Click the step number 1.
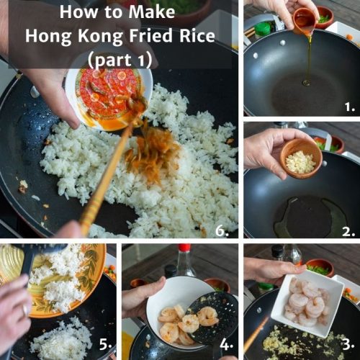pyautogui.click(x=350, y=107)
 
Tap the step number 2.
pyautogui.click(x=348, y=231)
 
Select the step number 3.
pyautogui.click(x=348, y=343)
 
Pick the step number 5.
pyautogui.click(x=106, y=345)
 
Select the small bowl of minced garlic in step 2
pyautogui.click(x=301, y=157)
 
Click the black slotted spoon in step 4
pyautogui.click(x=217, y=317)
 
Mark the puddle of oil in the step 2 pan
pyautogui.click(x=302, y=216)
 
